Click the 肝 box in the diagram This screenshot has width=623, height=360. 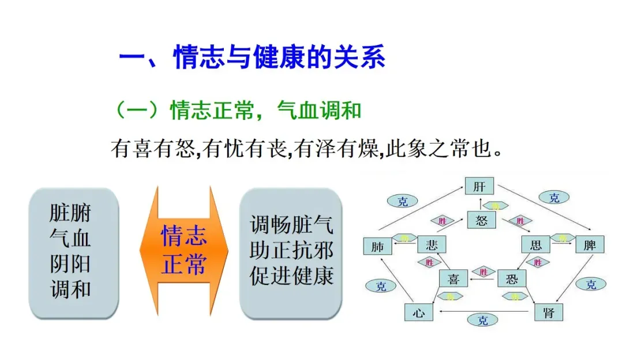479,187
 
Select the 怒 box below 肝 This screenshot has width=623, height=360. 481,220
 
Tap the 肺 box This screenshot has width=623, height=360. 377,246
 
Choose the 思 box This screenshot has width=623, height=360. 535,245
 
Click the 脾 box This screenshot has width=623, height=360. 590,245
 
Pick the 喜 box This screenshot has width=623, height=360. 453,279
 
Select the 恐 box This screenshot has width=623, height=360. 512,279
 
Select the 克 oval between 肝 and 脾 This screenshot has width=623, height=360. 554,198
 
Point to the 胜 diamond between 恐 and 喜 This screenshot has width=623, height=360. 483,271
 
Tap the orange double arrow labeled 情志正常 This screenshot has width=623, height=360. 184,251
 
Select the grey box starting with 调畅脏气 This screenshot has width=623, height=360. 291,253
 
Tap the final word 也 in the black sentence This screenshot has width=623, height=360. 485,149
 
